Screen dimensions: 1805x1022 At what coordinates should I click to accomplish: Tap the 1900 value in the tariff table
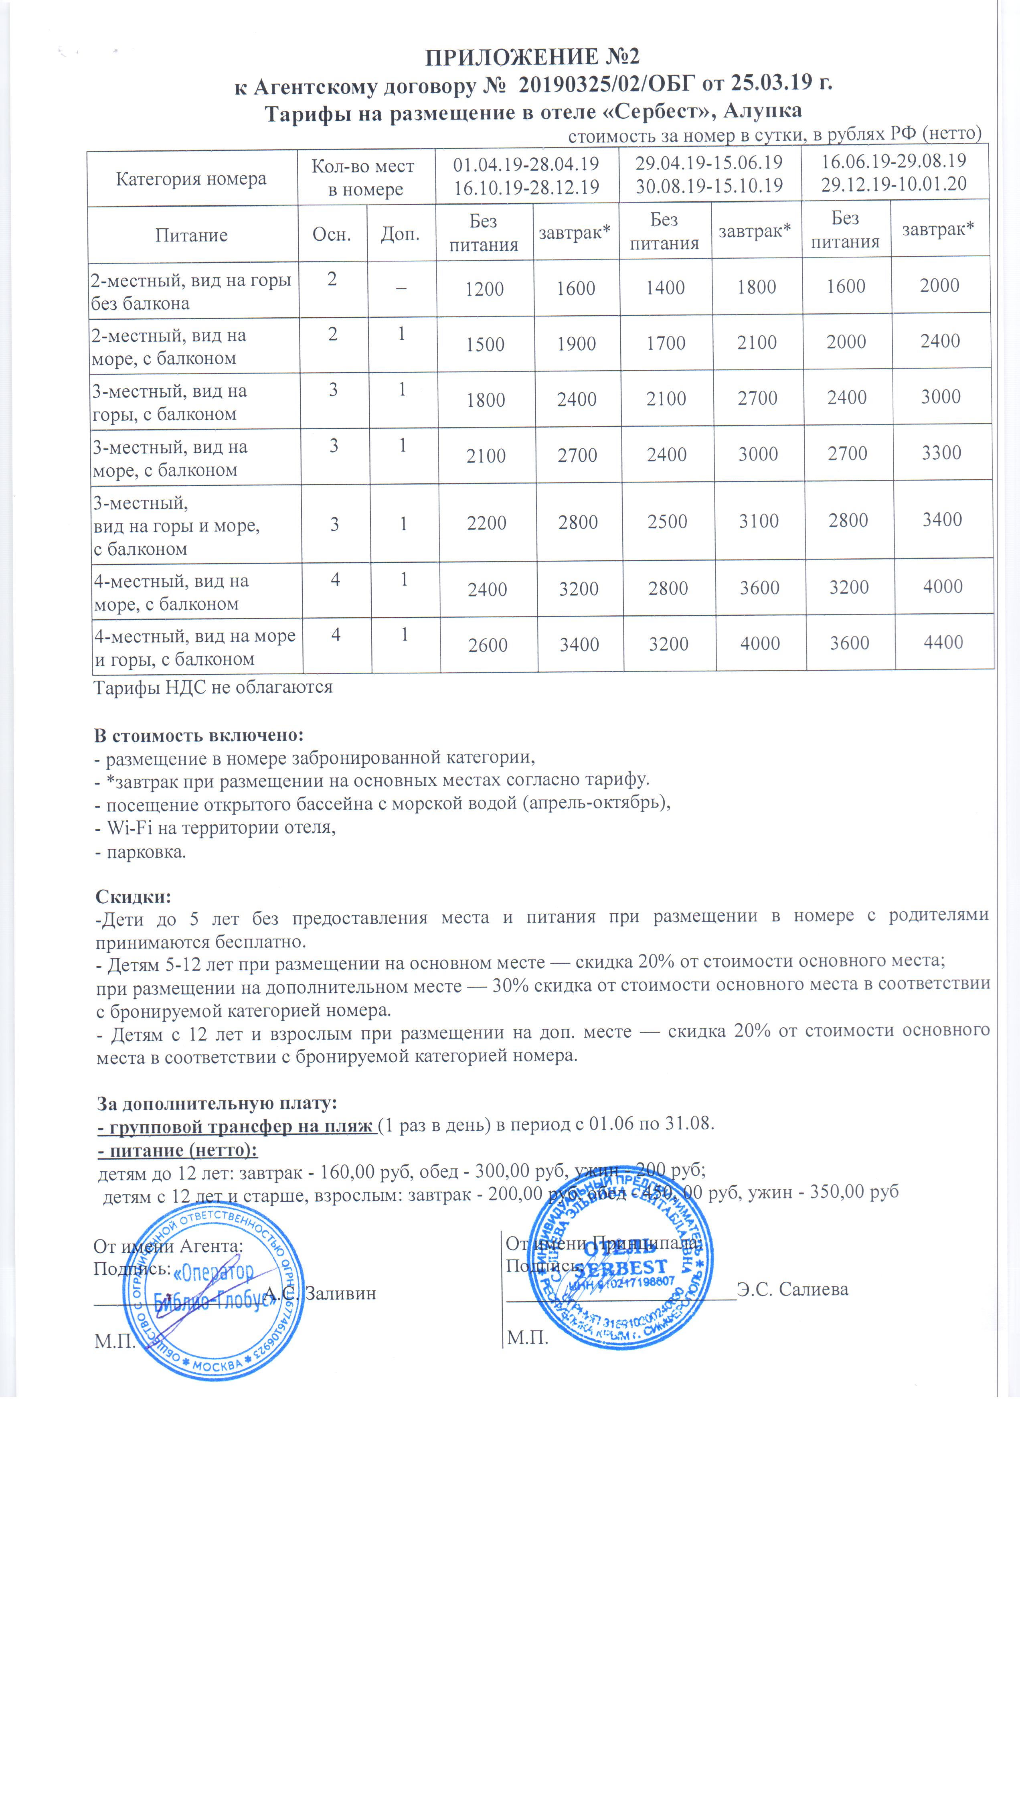point(576,344)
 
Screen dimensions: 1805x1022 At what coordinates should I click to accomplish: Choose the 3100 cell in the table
point(759,521)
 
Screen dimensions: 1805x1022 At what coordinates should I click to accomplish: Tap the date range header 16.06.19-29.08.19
point(894,162)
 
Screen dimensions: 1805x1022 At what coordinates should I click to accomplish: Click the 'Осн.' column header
point(331,235)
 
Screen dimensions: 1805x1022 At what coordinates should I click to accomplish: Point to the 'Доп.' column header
point(400,235)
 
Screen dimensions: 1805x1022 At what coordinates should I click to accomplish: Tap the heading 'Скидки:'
point(134,897)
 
